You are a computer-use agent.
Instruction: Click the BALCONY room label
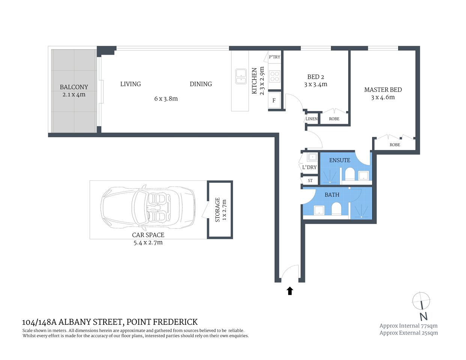click(74, 87)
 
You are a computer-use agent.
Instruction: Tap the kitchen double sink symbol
click(241, 76)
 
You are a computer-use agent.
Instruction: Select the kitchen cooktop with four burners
click(275, 76)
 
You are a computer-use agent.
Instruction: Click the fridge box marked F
click(274, 100)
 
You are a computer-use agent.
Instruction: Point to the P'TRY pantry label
click(274, 57)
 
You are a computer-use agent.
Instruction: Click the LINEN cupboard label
click(311, 119)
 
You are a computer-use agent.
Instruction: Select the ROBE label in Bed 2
click(334, 119)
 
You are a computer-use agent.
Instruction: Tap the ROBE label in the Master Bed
click(395, 145)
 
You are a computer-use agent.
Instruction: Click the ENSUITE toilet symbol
click(350, 174)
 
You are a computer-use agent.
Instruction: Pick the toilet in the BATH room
click(337, 209)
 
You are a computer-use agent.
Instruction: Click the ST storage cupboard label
click(310, 181)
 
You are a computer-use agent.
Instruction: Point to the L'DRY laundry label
click(310, 167)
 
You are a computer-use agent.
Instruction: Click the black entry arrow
click(290, 291)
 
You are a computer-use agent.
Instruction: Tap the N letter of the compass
click(424, 316)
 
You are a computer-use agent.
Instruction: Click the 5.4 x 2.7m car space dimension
click(148, 243)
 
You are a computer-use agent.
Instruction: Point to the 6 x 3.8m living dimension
click(166, 99)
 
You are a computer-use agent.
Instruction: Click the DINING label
click(201, 84)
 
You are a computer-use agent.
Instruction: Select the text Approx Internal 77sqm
click(408, 326)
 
